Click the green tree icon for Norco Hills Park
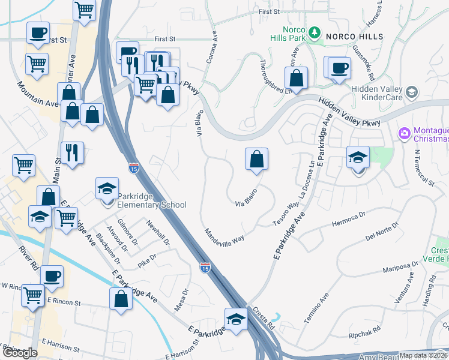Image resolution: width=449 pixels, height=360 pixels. (313, 32)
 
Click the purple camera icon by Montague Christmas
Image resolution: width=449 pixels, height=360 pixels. (405, 132)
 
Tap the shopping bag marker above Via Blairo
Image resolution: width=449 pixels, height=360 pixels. (256, 160)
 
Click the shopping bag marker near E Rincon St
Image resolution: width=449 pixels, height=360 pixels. (121, 299)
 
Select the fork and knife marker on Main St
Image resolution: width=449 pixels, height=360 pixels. (72, 152)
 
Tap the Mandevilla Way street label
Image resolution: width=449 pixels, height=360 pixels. (224, 234)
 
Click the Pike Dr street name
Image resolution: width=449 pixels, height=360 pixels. (146, 259)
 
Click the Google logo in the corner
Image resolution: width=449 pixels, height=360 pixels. (20, 353)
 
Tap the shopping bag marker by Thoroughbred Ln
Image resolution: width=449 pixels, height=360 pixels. (296, 77)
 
